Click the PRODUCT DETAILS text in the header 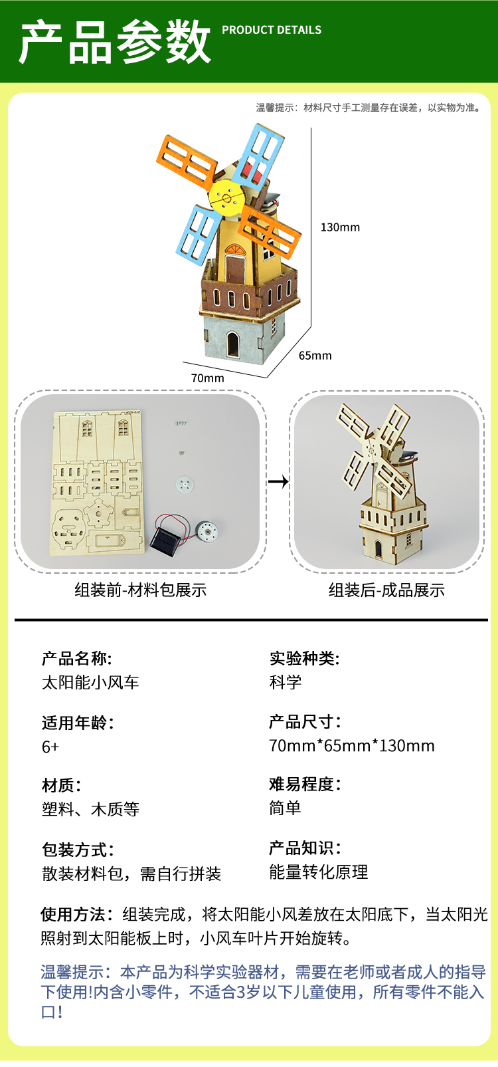click(272, 30)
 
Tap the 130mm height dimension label click(340, 227)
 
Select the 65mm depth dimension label click(315, 356)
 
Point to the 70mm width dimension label click(208, 378)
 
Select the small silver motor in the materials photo click(207, 531)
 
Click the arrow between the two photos click(278, 481)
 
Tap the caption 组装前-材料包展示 click(141, 590)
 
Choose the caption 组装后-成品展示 click(386, 590)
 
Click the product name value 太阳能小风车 click(90, 683)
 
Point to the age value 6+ click(50, 747)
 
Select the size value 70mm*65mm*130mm click(351, 746)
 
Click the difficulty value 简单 click(285, 808)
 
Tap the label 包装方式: click(78, 850)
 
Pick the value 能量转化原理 click(318, 872)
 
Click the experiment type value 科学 click(285, 682)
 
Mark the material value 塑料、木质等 click(90, 810)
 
